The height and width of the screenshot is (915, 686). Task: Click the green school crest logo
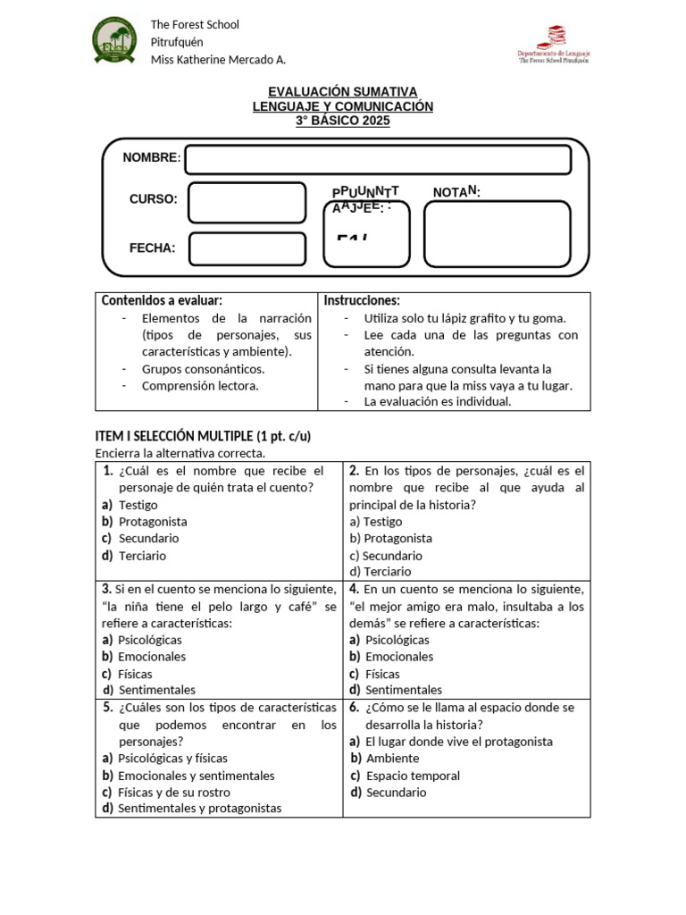pyautogui.click(x=115, y=41)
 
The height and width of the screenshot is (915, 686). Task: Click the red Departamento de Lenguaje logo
pyautogui.click(x=554, y=44)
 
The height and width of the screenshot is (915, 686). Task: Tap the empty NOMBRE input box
pyautogui.click(x=377, y=160)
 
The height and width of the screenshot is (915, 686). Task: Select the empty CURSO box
pyautogui.click(x=234, y=201)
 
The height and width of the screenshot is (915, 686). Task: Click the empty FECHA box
pyautogui.click(x=234, y=248)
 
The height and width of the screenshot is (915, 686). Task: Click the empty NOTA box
pyautogui.click(x=496, y=234)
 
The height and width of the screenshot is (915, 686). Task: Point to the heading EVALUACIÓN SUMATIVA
pyautogui.click(x=343, y=91)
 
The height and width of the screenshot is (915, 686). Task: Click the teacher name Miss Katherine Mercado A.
pyautogui.click(x=218, y=60)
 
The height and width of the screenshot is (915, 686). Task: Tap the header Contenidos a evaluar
pyautogui.click(x=162, y=300)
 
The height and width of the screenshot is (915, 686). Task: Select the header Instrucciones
pyautogui.click(x=362, y=300)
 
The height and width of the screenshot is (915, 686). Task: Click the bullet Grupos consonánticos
pyautogui.click(x=203, y=368)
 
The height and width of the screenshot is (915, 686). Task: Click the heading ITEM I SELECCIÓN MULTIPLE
pyautogui.click(x=203, y=436)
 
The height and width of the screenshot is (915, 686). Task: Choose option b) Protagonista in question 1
pyautogui.click(x=152, y=521)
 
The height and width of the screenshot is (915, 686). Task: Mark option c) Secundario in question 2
pyautogui.click(x=386, y=555)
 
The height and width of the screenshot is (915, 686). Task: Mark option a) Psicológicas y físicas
pyautogui.click(x=171, y=758)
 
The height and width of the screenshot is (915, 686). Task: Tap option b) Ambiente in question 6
pyautogui.click(x=391, y=758)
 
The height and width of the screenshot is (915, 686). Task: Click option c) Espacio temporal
pyautogui.click(x=412, y=775)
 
